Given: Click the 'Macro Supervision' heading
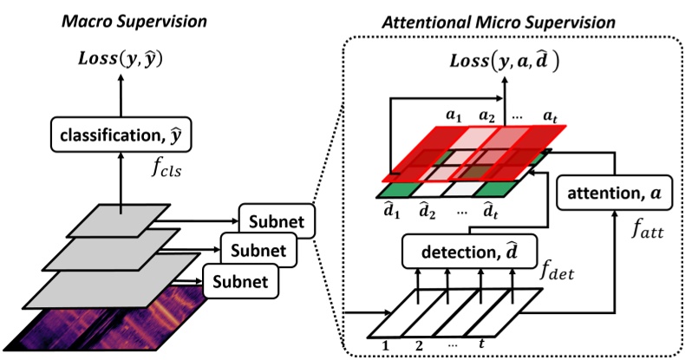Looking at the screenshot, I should pos(121,17).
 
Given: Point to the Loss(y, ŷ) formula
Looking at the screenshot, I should pos(121,60).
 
